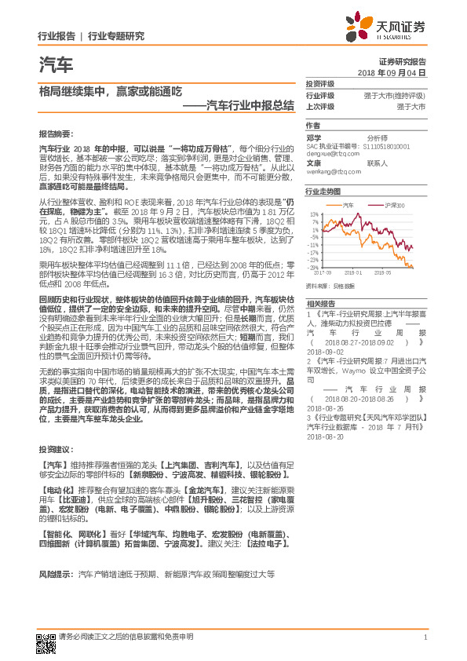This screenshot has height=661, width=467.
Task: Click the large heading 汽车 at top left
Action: [55, 64]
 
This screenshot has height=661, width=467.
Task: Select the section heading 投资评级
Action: [320, 83]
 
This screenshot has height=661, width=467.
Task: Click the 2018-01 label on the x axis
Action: [368, 274]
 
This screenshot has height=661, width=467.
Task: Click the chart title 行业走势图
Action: [323, 191]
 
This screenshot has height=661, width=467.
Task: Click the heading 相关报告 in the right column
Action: [320, 303]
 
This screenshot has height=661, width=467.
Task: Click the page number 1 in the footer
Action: [424, 637]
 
